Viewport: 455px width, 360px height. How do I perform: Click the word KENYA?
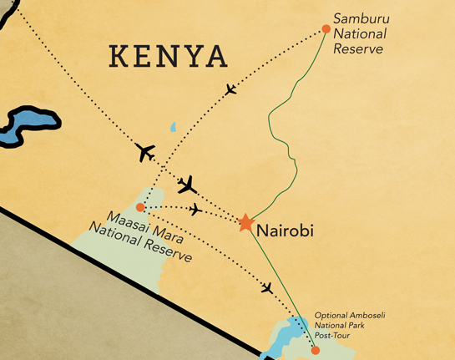[x=169, y=56]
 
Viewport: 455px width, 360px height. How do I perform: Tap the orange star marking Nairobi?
[x=245, y=223]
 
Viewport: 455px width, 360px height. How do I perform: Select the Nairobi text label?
[x=286, y=230]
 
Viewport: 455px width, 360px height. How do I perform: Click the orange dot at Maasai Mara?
[x=141, y=207]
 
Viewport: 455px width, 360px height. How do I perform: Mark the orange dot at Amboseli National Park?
[x=315, y=350]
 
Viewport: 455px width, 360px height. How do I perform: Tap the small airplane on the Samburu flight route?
[x=231, y=89]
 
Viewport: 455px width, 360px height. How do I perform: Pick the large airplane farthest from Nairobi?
[x=145, y=153]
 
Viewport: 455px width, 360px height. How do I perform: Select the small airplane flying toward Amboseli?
[x=267, y=288]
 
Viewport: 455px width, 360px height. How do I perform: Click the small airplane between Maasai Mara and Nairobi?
[x=195, y=209]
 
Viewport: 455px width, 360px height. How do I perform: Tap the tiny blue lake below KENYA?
[x=173, y=128]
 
